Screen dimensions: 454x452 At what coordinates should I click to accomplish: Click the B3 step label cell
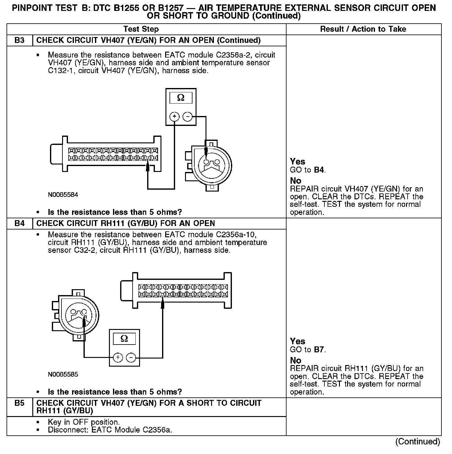(x=19, y=40)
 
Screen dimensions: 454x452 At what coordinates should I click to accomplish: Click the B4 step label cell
(x=19, y=224)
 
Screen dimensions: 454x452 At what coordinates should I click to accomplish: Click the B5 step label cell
(x=19, y=403)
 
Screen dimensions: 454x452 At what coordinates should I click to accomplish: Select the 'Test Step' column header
(x=141, y=29)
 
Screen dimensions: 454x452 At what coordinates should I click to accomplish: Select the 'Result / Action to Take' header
(x=363, y=29)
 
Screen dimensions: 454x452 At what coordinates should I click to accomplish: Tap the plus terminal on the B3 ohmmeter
(x=175, y=117)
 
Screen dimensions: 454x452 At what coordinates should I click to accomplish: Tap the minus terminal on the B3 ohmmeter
(x=188, y=117)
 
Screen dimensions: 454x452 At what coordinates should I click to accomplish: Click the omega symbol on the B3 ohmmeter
(x=181, y=98)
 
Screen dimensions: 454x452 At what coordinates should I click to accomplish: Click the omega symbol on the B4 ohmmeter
(x=124, y=338)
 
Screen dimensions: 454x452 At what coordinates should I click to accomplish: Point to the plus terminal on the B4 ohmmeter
(x=118, y=358)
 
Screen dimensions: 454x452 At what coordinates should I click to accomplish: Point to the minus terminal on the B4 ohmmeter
(x=131, y=358)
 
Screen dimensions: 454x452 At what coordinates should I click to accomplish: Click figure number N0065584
(x=63, y=195)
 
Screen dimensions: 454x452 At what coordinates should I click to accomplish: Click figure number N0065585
(x=63, y=374)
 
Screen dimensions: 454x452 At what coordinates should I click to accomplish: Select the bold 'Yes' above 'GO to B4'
(x=297, y=162)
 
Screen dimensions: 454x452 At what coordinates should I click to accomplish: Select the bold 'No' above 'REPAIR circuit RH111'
(x=296, y=360)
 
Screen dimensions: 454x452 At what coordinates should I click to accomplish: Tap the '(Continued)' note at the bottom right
(x=418, y=442)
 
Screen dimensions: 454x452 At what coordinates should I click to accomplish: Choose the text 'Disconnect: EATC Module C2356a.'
(x=110, y=430)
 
